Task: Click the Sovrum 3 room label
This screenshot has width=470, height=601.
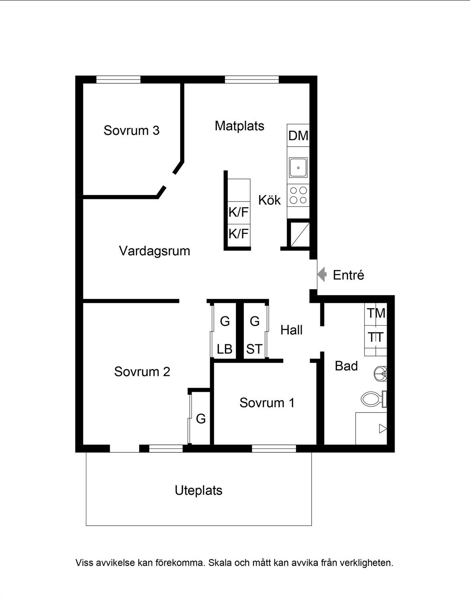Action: (x=132, y=130)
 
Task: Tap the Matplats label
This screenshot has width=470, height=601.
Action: (x=239, y=126)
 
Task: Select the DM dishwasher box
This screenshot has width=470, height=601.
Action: (x=298, y=135)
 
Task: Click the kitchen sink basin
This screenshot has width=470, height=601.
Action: (x=298, y=167)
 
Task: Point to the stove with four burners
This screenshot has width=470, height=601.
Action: (x=298, y=195)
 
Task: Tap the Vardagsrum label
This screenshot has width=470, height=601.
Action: (x=154, y=251)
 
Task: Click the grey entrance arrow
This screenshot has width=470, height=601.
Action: (x=322, y=274)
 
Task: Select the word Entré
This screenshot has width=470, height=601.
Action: (x=348, y=275)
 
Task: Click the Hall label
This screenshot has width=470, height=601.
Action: (x=291, y=330)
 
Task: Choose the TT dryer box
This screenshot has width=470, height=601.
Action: (x=376, y=337)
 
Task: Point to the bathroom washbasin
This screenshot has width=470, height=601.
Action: (x=381, y=374)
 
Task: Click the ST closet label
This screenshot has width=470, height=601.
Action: (x=254, y=349)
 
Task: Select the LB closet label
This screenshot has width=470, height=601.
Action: (x=225, y=349)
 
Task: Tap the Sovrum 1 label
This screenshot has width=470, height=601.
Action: (x=267, y=403)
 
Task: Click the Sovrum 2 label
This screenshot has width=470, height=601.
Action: (x=142, y=371)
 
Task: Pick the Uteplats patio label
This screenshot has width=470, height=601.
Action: (x=199, y=490)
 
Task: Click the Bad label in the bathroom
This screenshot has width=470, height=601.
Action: (x=346, y=366)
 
